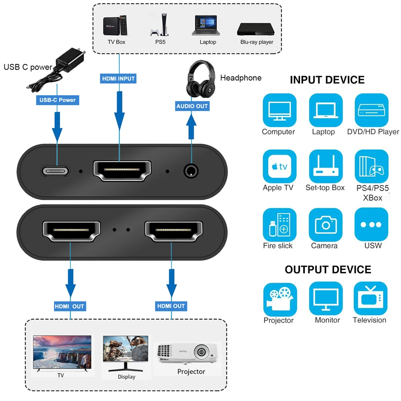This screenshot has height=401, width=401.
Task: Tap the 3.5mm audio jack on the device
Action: (191, 171)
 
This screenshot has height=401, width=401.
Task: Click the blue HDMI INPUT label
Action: (119, 78)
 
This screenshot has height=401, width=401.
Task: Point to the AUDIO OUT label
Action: (192, 106)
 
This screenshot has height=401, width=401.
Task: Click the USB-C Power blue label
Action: (58, 100)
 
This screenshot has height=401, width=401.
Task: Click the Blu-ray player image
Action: (256, 29)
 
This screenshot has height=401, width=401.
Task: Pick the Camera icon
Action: (325, 224)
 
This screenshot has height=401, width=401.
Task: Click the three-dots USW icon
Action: (371, 224)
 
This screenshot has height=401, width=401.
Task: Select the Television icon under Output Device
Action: (370, 298)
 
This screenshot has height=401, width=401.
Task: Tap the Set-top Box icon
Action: (325, 166)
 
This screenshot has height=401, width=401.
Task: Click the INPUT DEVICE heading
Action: (327, 80)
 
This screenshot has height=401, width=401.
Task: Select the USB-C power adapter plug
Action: (69, 61)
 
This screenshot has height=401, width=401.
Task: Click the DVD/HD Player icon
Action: (371, 110)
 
